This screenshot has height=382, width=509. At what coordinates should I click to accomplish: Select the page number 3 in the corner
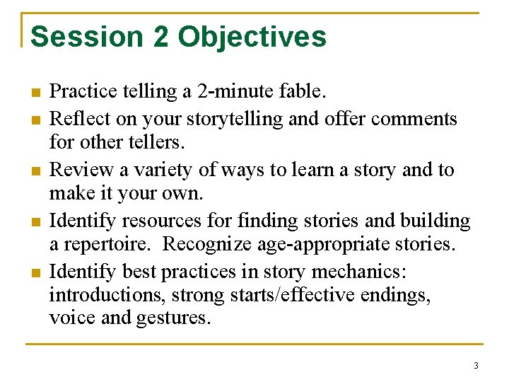point(476,366)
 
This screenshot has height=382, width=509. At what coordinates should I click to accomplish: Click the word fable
point(302,91)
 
